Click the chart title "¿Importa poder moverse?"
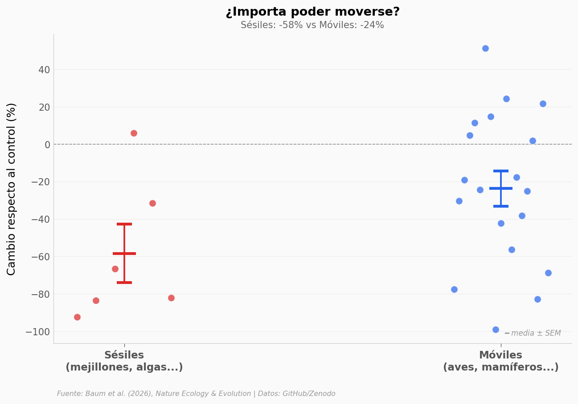coord(312,12)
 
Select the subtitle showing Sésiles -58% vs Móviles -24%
coord(312,25)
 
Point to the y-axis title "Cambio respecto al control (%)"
coord(12,189)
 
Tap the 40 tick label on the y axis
coord(44,70)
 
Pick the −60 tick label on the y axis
coord(40,257)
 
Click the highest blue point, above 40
coord(485,48)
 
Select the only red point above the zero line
coord(134,133)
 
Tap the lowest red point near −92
coord(77,317)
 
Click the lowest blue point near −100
coord(496,329)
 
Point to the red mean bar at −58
coord(124,254)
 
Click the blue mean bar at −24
coord(501,188)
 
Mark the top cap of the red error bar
coord(124,224)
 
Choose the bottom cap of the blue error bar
coord(501,206)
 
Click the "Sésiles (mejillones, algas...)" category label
coord(124,361)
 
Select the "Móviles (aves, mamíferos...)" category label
coord(500,361)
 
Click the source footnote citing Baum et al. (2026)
coord(196,394)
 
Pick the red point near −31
coord(152,203)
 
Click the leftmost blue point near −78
coord(454,289)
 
